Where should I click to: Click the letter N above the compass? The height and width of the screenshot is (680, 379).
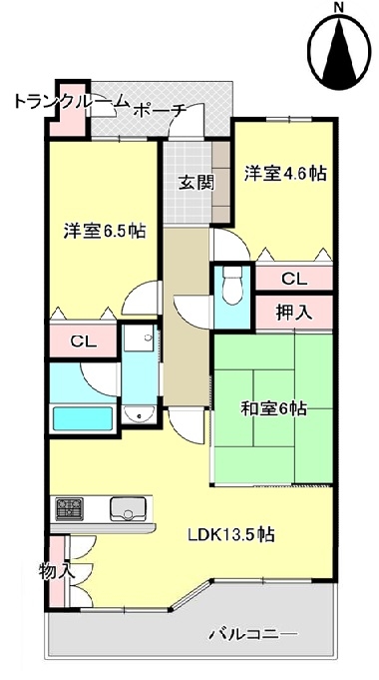coord(339,7)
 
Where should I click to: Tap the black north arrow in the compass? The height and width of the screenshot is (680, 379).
coord(339,53)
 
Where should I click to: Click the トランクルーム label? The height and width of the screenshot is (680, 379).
coord(72,102)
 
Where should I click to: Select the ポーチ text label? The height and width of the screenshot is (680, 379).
coord(160,111)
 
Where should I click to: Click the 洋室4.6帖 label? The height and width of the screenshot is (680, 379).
coord(285,174)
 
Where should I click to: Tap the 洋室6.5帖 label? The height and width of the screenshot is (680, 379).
coord(104,231)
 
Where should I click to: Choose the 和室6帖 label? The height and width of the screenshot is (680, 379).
coord(273,409)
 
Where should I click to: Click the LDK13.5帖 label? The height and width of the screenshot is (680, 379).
coord(230,535)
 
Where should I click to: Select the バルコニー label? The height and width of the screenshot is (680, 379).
coord(253,635)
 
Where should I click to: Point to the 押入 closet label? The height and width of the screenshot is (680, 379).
coord(294,313)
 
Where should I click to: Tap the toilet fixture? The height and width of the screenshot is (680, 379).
coord(232,285)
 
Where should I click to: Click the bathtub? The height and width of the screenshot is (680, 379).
coord(83,418)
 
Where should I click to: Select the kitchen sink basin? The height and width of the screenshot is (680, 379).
coord(129,508)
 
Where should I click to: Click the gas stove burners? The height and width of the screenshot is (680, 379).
coord(69,509)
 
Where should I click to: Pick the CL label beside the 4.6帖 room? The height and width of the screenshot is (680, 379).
coord(294,280)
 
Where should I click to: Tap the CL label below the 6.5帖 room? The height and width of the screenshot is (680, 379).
coord(83,341)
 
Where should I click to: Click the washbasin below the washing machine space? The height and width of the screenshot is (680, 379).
coord(139,415)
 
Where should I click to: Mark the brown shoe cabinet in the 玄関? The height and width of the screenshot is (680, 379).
coord(220,182)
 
